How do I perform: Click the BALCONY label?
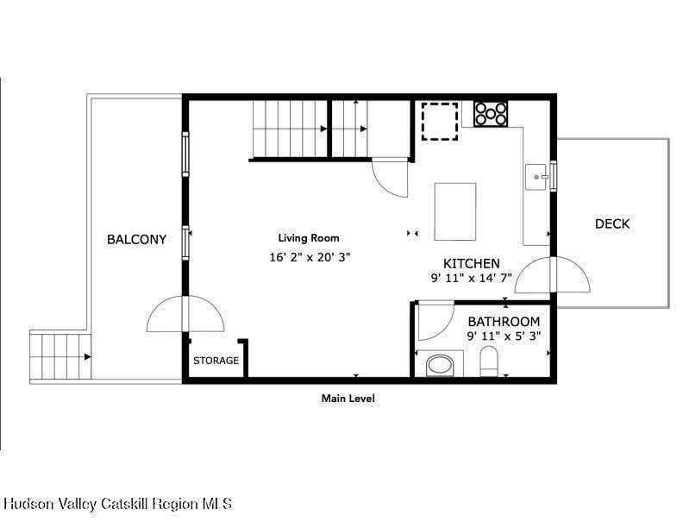pos(137,239)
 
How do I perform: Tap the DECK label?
pos(612,224)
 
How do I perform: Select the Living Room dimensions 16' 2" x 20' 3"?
pos(310,257)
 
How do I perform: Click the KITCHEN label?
pos(472,263)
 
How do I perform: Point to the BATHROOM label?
pos(504,322)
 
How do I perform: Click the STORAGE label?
pos(216,361)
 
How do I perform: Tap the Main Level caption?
pos(348,399)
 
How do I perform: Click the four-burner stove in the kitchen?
pos(491,114)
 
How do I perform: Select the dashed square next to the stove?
pos(440,122)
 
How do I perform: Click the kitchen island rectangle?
pos(455,211)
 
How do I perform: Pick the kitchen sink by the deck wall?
pos(536,177)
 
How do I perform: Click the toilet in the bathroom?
pos(489,361)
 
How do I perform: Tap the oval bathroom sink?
pos(440,365)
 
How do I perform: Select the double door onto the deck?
pos(552,275)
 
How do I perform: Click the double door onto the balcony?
pos(185,314)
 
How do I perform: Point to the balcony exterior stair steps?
pos(60,356)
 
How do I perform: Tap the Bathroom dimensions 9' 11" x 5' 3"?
pos(504,336)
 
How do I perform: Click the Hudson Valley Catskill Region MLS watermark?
pos(117,504)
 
